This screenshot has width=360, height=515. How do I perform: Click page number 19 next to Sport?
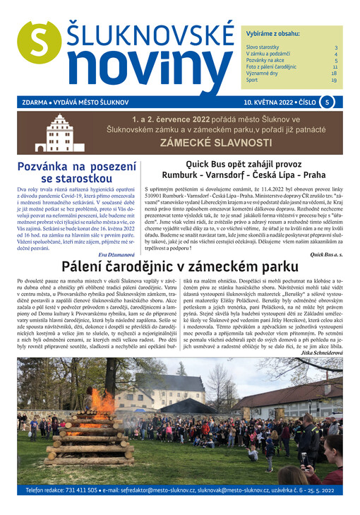click(x=334, y=81)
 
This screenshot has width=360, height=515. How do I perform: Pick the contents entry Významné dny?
click(x=261, y=73)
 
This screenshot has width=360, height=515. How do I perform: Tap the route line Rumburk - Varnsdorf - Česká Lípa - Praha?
click(x=244, y=174)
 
